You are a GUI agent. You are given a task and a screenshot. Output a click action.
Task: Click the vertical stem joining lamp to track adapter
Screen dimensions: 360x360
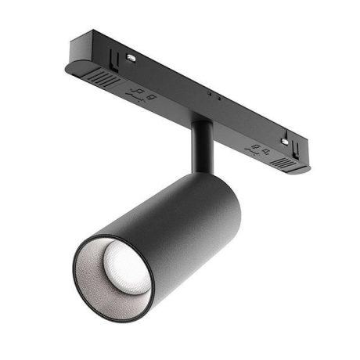(x=202, y=149)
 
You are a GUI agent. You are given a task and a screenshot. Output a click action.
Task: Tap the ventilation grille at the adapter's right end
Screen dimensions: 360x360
(x=283, y=162)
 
